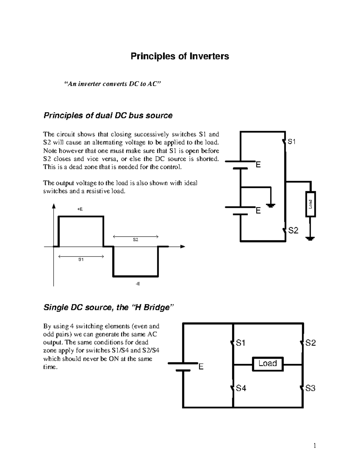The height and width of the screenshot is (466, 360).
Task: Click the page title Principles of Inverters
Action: coord(180,56)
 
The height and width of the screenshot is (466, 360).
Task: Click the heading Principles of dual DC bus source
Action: coord(108,116)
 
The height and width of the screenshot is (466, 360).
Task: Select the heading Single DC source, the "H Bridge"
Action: coord(109,308)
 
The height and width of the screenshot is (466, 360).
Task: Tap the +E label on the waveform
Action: coord(80,209)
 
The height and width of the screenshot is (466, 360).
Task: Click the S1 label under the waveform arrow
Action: coord(81,260)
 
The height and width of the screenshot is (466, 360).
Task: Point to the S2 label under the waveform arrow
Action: coord(136,240)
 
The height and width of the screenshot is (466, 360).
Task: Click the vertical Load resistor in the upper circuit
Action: coord(310,204)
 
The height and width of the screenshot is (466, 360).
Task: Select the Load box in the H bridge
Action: coord(268,364)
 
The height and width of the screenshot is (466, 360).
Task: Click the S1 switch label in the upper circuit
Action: coord(292,142)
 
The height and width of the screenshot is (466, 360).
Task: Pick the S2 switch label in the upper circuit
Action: coord(293,230)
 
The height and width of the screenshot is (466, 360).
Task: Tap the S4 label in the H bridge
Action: coord(241,388)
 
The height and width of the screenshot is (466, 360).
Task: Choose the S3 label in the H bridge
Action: coord(310,388)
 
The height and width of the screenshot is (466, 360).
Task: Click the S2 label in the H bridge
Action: coord(310,343)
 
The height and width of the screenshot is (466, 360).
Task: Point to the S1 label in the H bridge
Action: coord(241,343)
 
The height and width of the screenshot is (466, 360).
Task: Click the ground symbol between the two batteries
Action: coord(271,206)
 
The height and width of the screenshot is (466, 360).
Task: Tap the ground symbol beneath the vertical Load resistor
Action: coord(310,239)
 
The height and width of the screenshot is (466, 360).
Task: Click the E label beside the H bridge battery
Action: coord(201,367)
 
